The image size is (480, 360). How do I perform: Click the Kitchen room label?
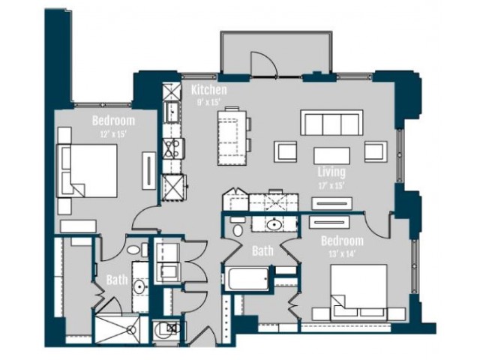tap(209, 90)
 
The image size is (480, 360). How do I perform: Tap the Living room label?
tap(331, 172)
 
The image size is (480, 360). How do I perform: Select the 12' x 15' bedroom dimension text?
tap(113, 133)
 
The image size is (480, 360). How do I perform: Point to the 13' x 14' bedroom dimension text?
tap(342, 253)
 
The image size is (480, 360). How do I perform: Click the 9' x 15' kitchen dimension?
tap(209, 102)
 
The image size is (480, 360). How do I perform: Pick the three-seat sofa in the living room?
tap(331, 123)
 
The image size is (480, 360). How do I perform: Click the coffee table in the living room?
tap(331, 156)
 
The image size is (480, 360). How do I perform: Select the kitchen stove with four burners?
tap(173, 148)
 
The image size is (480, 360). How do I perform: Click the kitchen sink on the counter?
tap(172, 112)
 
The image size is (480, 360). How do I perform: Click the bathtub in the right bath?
tap(247, 278)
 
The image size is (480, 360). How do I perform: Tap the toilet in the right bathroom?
tap(238, 228)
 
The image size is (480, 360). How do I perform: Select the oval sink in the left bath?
tap(140, 286)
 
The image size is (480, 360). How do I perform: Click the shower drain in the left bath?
tap(132, 330)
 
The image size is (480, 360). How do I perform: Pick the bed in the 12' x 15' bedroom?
tap(87, 170)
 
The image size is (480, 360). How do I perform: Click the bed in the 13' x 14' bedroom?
tap(358, 290)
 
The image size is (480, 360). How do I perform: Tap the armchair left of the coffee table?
tap(285, 151)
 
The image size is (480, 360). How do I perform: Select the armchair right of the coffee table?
tap(376, 151)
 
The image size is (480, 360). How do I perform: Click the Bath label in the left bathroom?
tap(117, 280)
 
